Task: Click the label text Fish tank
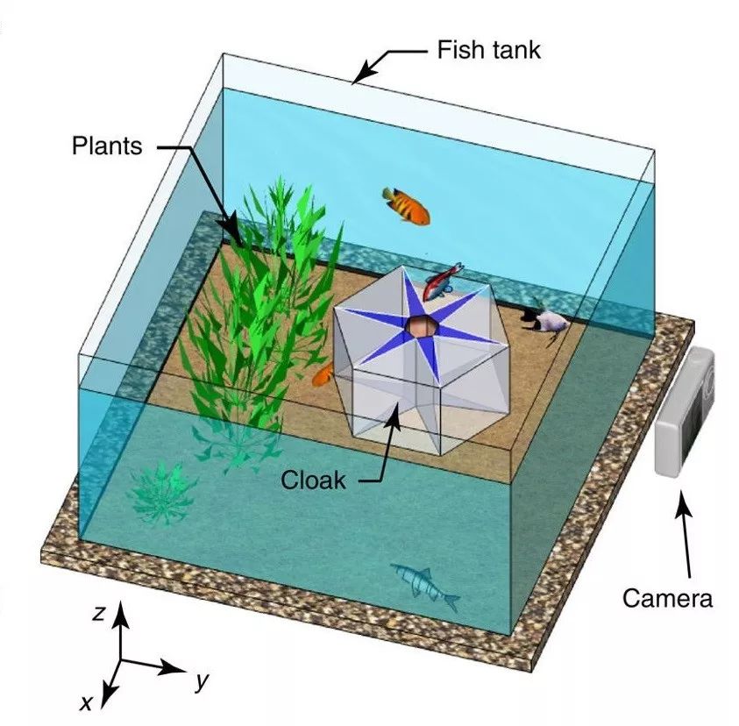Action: point(488,49)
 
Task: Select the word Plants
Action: point(106,146)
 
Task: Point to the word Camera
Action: point(667,598)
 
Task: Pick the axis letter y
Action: point(203,681)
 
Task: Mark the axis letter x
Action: point(87,701)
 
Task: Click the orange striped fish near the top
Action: point(408,205)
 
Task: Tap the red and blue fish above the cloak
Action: point(444,281)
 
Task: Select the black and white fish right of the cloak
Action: point(545,319)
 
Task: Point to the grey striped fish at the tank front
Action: point(426,585)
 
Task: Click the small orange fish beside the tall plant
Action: point(323,375)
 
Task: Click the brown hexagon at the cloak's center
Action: point(421,327)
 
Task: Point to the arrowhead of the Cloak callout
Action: point(397,411)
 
